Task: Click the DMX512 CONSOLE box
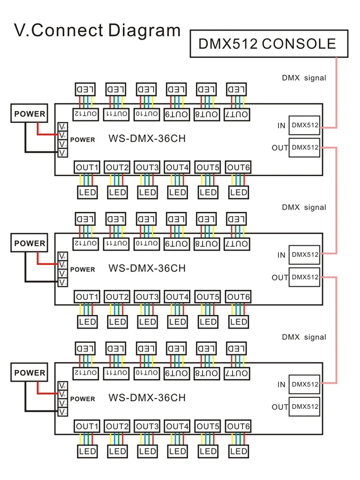269,44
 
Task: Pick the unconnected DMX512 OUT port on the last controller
305,407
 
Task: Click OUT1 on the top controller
87,168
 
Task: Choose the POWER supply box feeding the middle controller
29,243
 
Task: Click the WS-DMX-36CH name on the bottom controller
147,397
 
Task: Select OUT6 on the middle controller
239,297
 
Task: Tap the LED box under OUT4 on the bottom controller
178,451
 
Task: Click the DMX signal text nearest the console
304,78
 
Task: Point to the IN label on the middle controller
281,255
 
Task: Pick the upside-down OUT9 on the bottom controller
178,373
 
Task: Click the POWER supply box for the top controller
29,114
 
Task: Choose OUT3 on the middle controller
147,297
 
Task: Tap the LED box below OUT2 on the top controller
117,192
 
